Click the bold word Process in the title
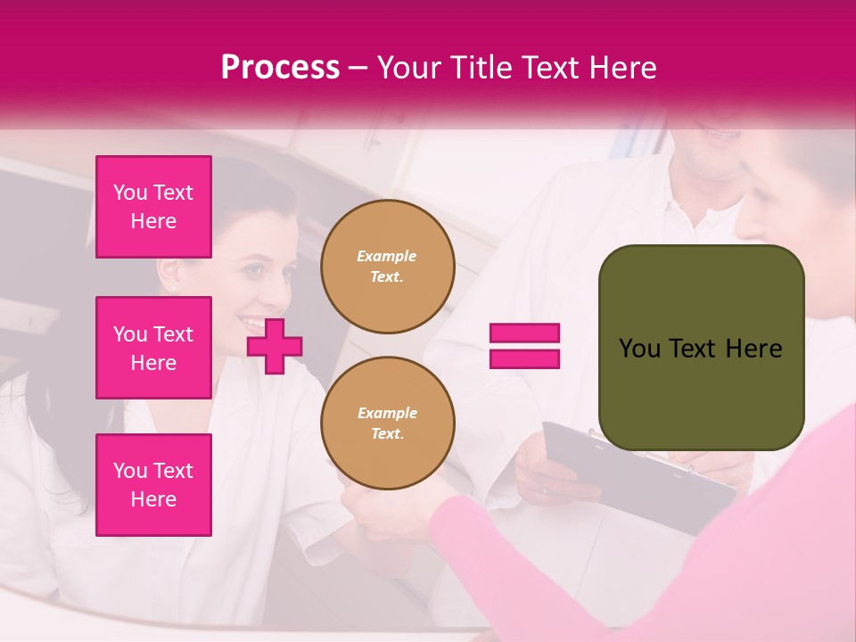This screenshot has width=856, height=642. pyautogui.click(x=280, y=68)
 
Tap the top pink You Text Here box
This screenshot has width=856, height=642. pyautogui.click(x=153, y=207)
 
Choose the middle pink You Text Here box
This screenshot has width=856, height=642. pyautogui.click(x=153, y=348)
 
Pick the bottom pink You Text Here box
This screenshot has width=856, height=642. pyautogui.click(x=153, y=485)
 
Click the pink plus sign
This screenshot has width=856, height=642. pyautogui.click(x=275, y=346)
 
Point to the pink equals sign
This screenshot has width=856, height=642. pyautogui.click(x=524, y=346)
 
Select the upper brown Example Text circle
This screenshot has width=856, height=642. pyautogui.click(x=387, y=267)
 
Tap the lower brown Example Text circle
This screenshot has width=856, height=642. pyautogui.click(x=387, y=424)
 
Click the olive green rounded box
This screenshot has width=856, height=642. pyautogui.click(x=701, y=348)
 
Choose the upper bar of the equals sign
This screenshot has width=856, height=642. pyautogui.click(x=524, y=333)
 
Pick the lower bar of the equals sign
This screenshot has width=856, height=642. pyautogui.click(x=524, y=358)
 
